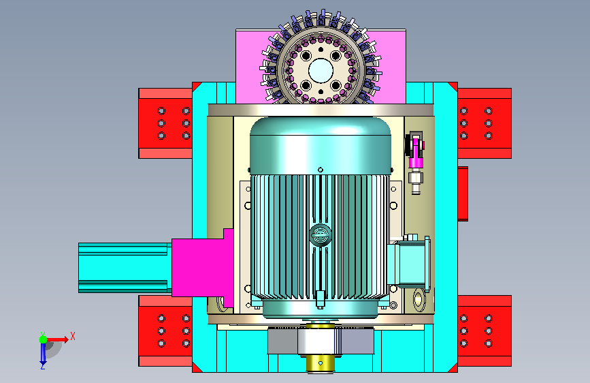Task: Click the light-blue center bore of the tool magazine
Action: click(321, 70)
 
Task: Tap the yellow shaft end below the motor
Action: click(321, 363)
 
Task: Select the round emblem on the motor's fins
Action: click(321, 235)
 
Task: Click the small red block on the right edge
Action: click(463, 194)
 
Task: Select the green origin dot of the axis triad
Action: click(44, 339)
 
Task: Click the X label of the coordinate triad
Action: click(73, 336)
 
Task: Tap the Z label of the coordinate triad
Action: click(43, 366)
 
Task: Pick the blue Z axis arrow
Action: click(43, 352)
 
